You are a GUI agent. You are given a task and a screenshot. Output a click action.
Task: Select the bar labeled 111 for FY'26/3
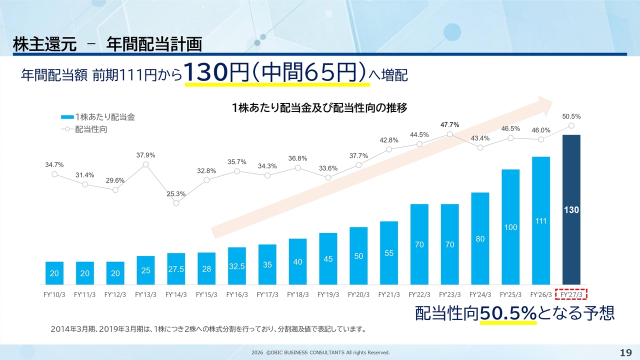541,220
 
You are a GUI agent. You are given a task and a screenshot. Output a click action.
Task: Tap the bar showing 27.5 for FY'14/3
176,268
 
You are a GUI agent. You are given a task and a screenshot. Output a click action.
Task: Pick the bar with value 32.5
236,265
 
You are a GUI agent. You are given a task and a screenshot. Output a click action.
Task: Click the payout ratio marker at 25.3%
176,203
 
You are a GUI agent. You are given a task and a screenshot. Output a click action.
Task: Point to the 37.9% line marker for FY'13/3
145,164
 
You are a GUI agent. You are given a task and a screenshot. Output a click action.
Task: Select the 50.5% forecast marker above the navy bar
571,125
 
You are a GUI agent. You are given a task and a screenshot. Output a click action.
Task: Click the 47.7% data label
450,124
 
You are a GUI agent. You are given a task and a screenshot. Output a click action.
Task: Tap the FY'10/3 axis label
54,294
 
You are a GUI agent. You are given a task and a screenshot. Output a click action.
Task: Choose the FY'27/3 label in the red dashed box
571,294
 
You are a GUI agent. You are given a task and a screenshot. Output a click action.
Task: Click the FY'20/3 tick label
358,294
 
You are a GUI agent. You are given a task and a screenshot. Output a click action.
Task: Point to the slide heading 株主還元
44,45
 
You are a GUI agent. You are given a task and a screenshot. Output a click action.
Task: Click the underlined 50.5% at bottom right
508,313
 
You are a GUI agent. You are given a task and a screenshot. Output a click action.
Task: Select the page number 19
625,353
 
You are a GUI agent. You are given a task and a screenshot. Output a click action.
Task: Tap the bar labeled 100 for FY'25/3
510,227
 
